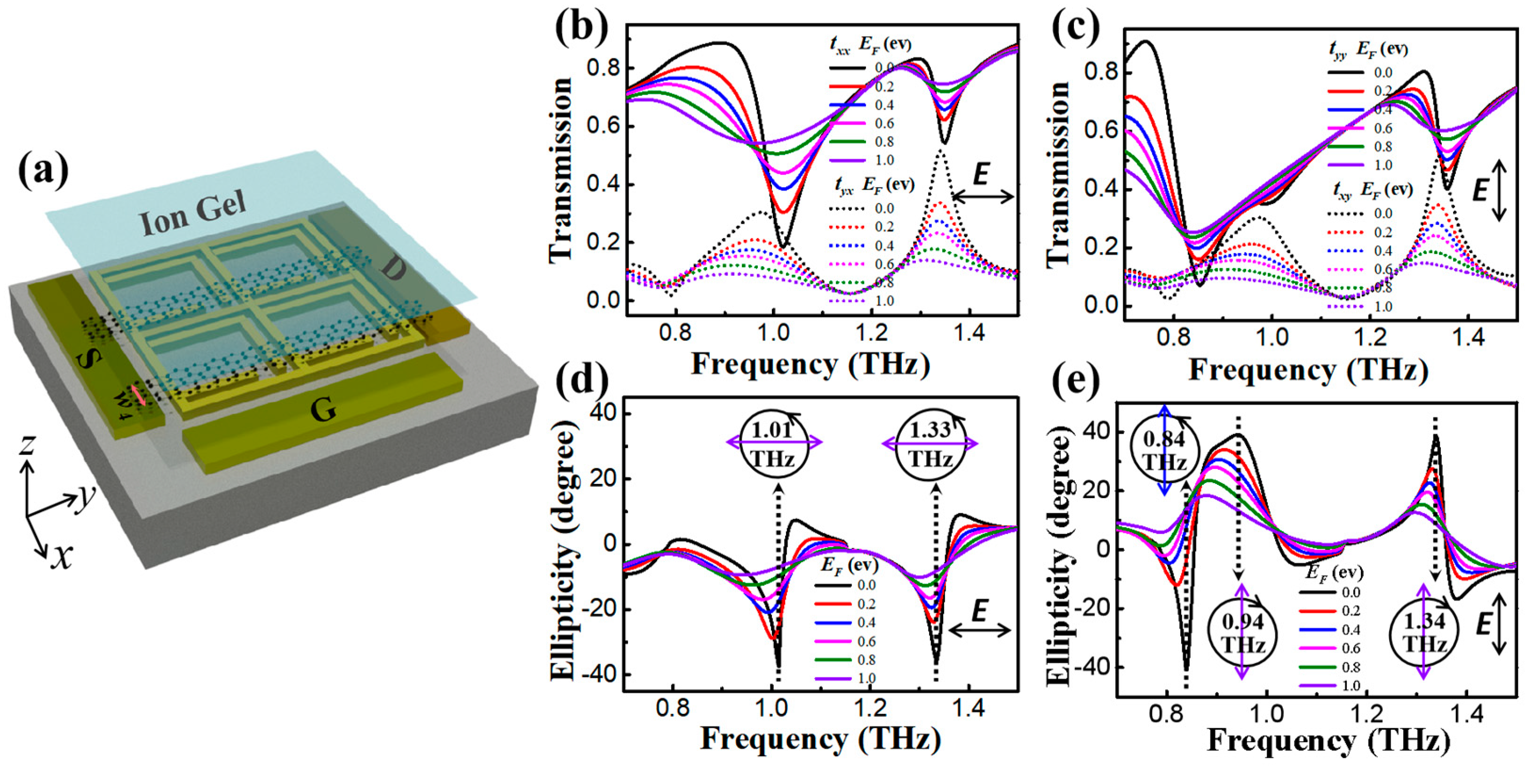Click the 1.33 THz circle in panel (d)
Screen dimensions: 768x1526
(x=930, y=443)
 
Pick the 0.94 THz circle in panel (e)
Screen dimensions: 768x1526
(x=1242, y=633)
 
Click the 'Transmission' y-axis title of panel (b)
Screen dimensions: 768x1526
(x=560, y=169)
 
